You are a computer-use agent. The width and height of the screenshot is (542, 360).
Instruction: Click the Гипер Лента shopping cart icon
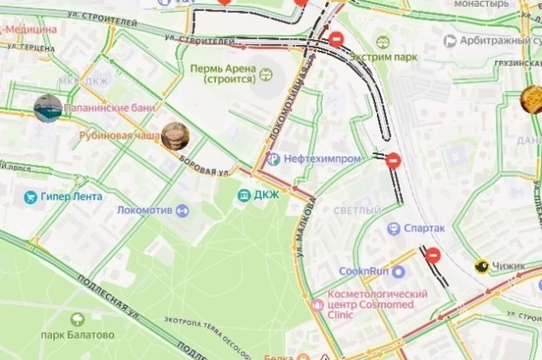(x=30, y=197)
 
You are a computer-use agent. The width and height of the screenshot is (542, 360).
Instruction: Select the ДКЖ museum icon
(x=244, y=195)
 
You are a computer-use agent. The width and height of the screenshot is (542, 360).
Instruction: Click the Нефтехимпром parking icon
(x=273, y=159)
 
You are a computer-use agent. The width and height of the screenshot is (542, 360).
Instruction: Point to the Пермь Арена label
(x=223, y=74)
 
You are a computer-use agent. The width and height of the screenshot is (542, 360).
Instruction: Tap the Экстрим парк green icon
(x=383, y=42)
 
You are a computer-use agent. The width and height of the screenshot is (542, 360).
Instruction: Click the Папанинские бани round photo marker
(x=48, y=109)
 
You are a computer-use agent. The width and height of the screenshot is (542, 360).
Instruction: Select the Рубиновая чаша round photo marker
(x=175, y=136)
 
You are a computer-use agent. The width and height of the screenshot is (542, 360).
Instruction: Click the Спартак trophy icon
(x=393, y=229)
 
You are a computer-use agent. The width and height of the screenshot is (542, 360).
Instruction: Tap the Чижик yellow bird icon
(x=482, y=266)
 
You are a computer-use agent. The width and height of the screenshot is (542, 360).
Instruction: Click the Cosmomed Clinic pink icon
(x=318, y=305)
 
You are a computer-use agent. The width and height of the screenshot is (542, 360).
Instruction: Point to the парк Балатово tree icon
(x=77, y=320)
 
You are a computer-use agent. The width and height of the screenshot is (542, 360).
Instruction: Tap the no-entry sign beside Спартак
(x=433, y=255)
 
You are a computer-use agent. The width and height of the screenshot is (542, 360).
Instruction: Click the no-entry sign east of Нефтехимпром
(x=393, y=160)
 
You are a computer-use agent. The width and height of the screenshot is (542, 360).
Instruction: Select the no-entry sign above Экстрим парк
(x=336, y=39)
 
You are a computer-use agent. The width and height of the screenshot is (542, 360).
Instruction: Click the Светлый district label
(x=357, y=210)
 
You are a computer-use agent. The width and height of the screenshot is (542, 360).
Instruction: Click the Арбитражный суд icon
(x=450, y=41)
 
